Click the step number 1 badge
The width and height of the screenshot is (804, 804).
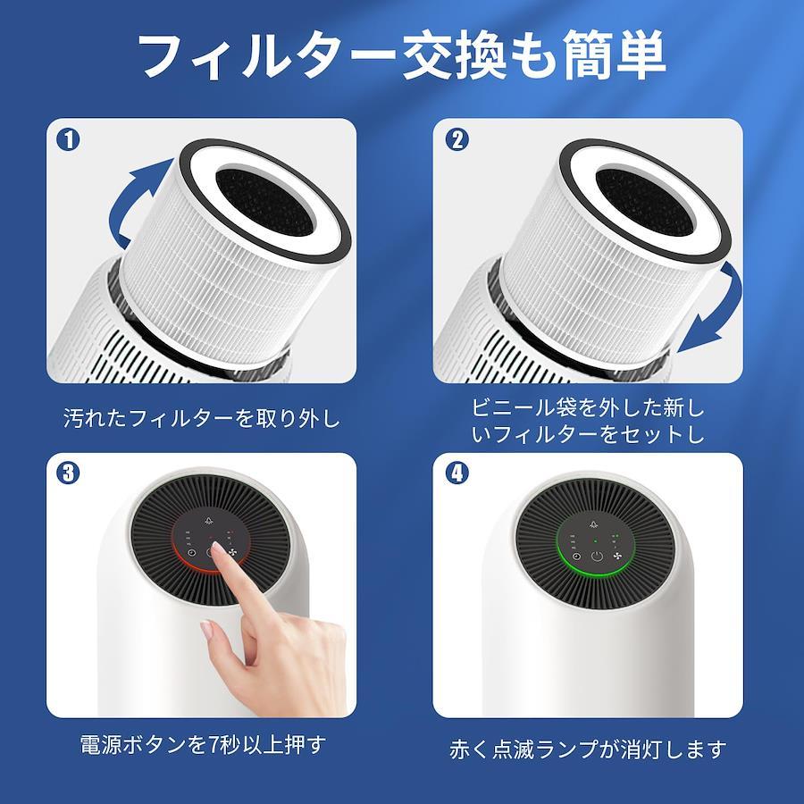coord(68,139)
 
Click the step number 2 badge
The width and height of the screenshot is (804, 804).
coord(457,139)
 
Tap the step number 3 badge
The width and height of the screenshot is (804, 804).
coord(68,473)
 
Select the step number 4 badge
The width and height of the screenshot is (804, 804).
coord(457,473)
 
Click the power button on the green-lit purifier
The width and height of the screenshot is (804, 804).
coord(596,557)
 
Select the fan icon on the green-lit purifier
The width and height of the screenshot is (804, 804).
coord(616,557)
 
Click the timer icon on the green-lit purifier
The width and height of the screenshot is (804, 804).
coord(577,557)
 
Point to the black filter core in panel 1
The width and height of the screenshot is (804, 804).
coord(264,203)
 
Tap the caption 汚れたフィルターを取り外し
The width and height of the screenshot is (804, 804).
coord(202,418)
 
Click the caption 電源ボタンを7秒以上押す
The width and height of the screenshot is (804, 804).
coord(203,744)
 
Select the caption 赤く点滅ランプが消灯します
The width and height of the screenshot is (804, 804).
coord(588,750)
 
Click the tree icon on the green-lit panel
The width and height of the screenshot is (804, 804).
coord(594,524)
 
